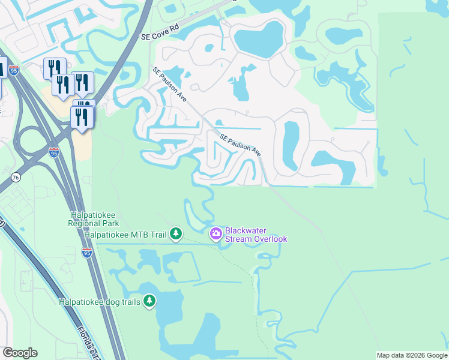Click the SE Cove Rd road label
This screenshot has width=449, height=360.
tap(160, 31)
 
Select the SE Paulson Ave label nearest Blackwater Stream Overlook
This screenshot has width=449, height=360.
tap(240, 145)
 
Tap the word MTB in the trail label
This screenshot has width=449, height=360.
tap(139, 234)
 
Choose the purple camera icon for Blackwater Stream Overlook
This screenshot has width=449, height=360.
tap(215, 233)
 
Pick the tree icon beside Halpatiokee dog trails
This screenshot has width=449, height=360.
tap(149, 301)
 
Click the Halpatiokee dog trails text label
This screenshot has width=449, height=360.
tap(99, 302)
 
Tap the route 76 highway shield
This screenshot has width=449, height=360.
tap(16, 177)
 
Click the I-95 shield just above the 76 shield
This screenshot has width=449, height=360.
tap(53, 153)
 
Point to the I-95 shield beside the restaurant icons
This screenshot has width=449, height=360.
tap(14, 70)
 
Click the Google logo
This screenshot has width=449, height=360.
tap(20, 353)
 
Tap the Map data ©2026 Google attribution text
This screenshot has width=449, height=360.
tap(412, 355)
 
